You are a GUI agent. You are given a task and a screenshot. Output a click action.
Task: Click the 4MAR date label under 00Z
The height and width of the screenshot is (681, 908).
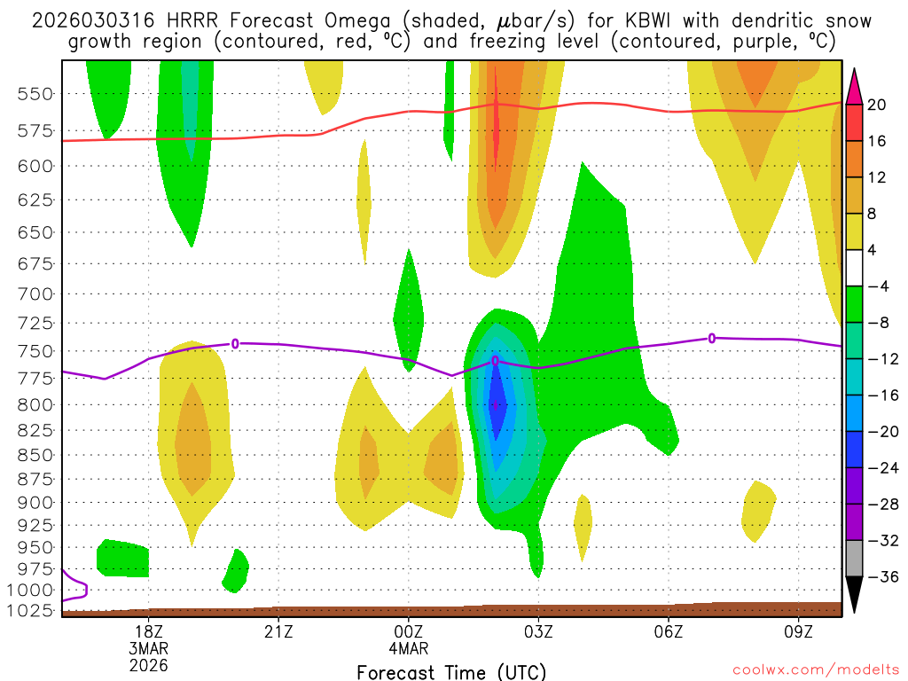409,647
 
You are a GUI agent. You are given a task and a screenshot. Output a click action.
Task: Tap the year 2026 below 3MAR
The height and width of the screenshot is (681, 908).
148,664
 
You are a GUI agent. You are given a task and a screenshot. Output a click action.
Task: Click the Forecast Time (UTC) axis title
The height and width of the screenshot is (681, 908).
451,671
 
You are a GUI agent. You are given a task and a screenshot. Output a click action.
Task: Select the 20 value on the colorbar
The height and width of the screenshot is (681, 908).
877,105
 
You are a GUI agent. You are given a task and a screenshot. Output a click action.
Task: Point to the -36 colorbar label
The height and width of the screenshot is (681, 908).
881,577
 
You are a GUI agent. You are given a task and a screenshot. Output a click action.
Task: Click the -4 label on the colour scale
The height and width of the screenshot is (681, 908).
877,286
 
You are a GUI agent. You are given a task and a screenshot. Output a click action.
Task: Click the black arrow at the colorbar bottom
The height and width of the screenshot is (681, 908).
854,594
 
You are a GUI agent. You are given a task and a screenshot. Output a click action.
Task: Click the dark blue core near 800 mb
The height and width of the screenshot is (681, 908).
497,403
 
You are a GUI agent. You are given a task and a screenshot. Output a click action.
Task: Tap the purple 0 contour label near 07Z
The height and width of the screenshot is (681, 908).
711,337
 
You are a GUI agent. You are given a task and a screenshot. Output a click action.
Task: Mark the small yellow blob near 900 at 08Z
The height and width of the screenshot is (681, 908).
758,510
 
